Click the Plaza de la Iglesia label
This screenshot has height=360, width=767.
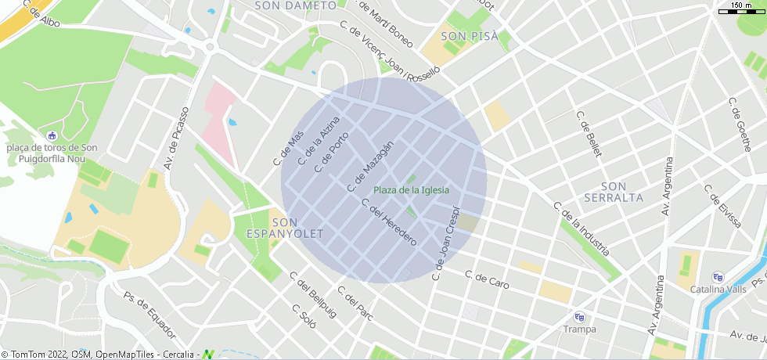(411, 190)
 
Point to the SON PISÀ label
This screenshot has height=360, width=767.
(470, 36)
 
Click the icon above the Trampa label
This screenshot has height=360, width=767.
(579, 317)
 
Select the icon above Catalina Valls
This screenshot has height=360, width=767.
(718, 277)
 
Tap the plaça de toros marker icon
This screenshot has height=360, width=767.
(52, 135)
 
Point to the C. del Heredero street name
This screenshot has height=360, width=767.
(389, 222)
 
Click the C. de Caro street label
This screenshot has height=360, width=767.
(487, 279)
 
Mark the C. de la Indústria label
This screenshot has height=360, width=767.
(581, 229)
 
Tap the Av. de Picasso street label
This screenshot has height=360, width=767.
(176, 138)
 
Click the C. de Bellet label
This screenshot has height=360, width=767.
(589, 134)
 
